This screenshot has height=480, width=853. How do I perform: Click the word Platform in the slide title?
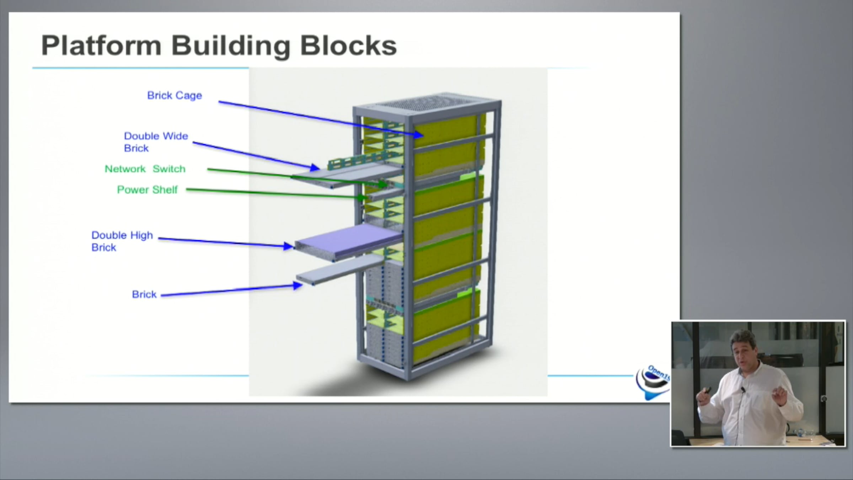tap(101, 46)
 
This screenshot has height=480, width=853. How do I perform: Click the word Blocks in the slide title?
tap(348, 46)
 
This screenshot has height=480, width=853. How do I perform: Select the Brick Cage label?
tap(175, 95)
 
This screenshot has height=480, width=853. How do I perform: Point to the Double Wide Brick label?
tap(156, 142)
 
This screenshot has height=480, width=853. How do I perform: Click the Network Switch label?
tap(145, 169)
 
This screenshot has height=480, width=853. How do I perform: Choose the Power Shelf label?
tap(147, 190)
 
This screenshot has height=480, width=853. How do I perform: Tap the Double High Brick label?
tap(122, 241)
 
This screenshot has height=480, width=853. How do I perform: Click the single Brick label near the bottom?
tap(144, 294)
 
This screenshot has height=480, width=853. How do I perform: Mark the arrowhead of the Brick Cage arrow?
tap(419, 135)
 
